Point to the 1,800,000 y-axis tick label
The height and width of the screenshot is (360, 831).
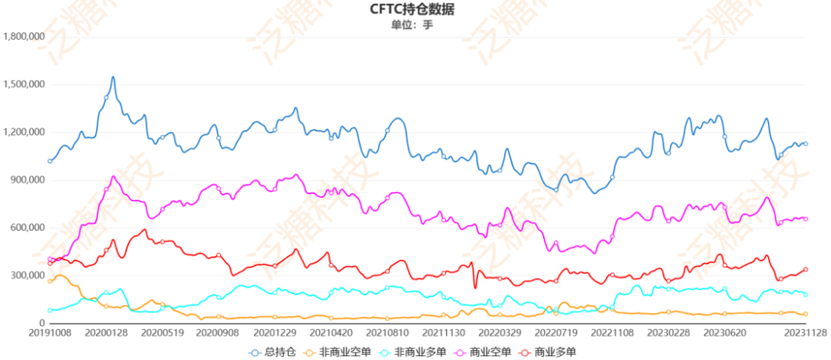coord(24,36)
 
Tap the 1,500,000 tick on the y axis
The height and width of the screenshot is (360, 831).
coord(24,85)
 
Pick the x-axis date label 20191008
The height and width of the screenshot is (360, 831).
coord(48,334)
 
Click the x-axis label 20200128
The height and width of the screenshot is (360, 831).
coord(105,334)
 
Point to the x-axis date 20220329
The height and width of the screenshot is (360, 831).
coord(499,334)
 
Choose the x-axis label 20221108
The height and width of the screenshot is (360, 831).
coord(612,334)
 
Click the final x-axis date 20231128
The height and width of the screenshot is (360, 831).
coord(805,334)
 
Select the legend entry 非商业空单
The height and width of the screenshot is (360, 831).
coord(339,352)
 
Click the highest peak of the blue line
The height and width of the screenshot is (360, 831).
coord(113,77)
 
